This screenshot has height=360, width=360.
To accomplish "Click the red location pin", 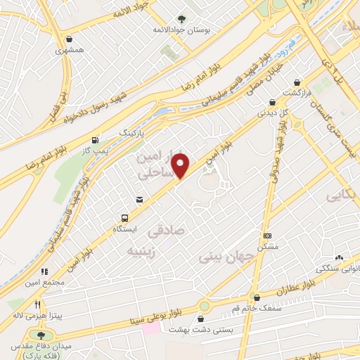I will [182, 165].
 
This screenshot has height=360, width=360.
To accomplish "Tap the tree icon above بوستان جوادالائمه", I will [183, 19].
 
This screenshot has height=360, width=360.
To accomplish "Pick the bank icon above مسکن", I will [267, 236].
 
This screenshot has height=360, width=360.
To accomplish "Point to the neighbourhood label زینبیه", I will [143, 250].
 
